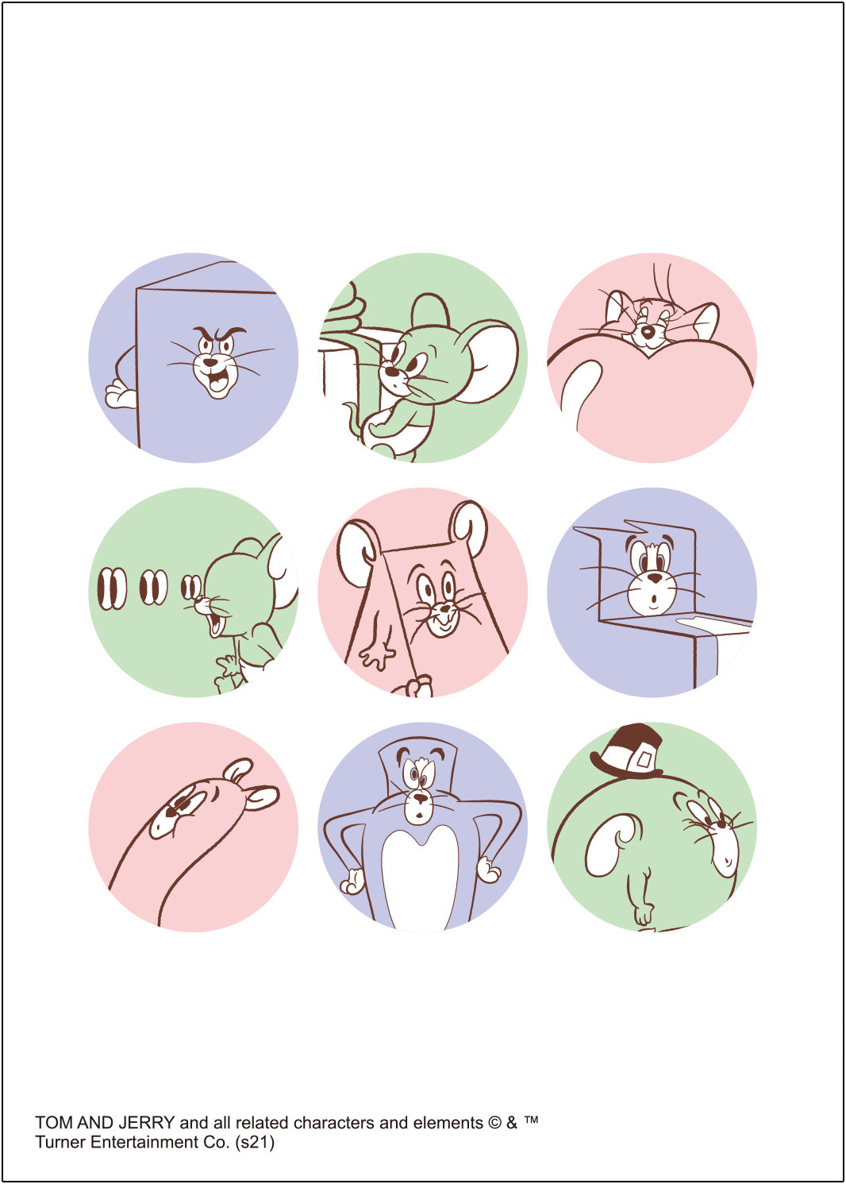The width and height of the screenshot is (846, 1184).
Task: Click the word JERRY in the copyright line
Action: [x=146, y=1121]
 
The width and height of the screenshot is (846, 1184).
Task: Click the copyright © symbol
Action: [x=494, y=1121]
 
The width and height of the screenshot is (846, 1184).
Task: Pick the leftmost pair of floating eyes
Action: [x=112, y=588]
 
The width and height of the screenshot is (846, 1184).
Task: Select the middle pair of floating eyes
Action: [x=153, y=588]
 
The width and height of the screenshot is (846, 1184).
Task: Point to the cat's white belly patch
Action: [x=420, y=877]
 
